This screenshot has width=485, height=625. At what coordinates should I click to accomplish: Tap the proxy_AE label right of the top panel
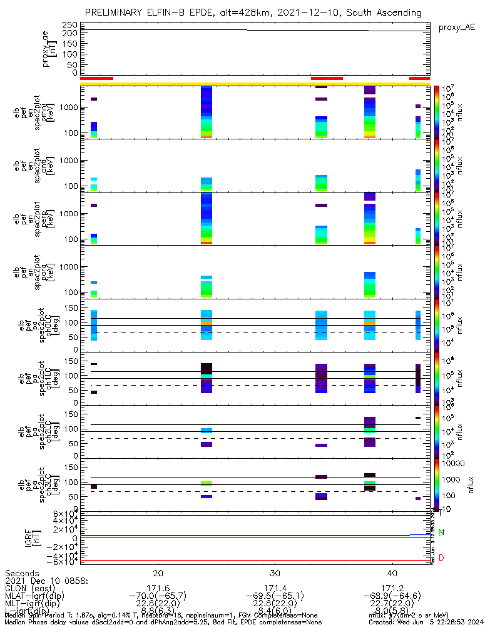point(456,27)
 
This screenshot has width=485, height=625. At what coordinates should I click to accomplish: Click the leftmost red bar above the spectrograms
point(96,78)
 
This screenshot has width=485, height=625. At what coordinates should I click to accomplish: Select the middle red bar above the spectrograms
point(327,78)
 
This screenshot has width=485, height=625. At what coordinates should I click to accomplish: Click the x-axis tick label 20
point(158,573)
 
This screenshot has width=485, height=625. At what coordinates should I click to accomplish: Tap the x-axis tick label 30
point(275,573)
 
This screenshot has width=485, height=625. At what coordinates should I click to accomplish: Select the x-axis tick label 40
point(392,573)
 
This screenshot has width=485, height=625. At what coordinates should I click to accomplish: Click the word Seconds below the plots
point(22,573)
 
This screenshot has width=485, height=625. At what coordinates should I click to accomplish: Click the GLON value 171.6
point(158,588)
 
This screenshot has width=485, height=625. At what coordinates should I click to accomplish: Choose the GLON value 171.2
point(392,588)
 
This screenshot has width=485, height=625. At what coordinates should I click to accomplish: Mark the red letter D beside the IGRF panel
point(441,557)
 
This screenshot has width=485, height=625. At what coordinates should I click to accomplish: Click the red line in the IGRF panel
point(250,561)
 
